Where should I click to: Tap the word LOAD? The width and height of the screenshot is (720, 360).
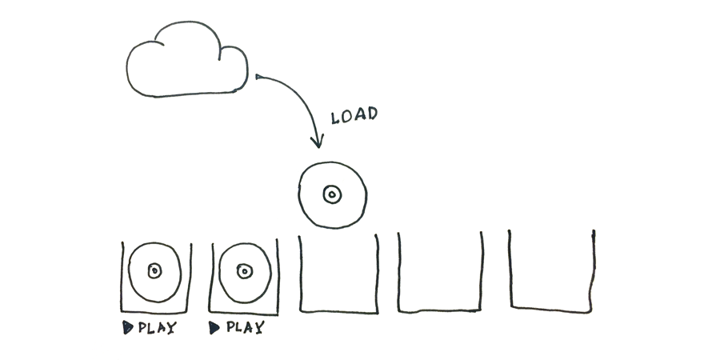(354, 115)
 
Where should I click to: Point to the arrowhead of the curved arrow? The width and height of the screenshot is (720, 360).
(318, 141)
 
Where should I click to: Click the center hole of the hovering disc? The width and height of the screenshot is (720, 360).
(333, 194)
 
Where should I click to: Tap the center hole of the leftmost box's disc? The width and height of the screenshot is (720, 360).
(154, 271)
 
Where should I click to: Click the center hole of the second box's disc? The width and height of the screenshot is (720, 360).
(245, 271)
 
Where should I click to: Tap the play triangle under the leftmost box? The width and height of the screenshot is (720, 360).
(128, 327)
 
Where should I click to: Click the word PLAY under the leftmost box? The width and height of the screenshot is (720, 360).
(157, 328)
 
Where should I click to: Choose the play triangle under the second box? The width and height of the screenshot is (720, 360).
(214, 328)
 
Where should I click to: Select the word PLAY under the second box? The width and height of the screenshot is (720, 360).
(246, 327)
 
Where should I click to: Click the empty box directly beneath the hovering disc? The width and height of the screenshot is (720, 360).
(339, 312)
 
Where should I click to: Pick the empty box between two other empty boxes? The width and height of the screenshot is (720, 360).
(440, 311)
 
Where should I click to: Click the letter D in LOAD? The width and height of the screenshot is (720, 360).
(371, 114)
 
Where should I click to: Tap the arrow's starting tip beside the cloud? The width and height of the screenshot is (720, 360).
(257, 76)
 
